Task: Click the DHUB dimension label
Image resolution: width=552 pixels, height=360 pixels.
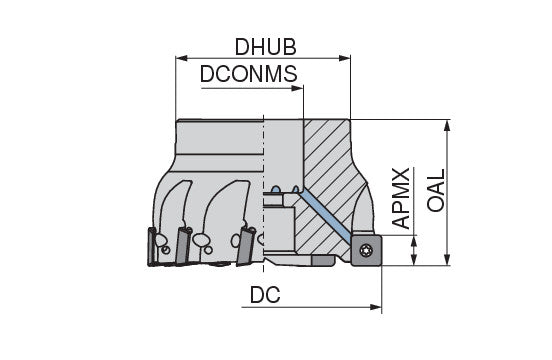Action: pos(265,47)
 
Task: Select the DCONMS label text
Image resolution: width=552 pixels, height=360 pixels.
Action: pos(249,74)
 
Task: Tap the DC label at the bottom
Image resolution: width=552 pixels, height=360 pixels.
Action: pos(265,295)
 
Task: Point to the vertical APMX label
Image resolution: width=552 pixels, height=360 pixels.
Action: pos(401,198)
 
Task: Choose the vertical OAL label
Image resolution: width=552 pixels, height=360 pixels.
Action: pos(437,190)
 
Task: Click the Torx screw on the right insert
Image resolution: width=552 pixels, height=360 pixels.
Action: pos(366,250)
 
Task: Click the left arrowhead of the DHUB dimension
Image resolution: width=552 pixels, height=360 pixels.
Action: pos(181,58)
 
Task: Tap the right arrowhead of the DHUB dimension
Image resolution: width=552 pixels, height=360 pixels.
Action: pos(345,58)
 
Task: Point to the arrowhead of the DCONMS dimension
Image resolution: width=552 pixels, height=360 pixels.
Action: pos(298,88)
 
